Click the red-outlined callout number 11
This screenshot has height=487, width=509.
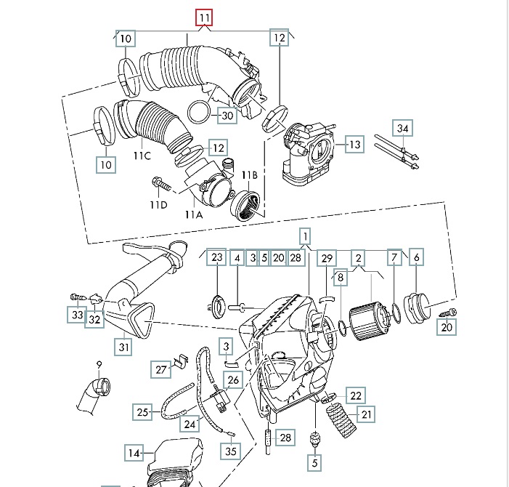pyautogui.click(x=205, y=17)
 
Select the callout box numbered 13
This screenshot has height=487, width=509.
pyautogui.click(x=354, y=144)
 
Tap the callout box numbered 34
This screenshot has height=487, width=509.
pyautogui.click(x=403, y=128)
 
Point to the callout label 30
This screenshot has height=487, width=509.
pyautogui.click(x=227, y=116)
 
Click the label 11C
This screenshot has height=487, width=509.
pyautogui.click(x=142, y=155)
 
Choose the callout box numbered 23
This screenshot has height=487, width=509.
pyautogui.click(x=218, y=257)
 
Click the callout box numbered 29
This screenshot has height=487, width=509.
pyautogui.click(x=327, y=258)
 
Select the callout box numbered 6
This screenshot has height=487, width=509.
pyautogui.click(x=416, y=257)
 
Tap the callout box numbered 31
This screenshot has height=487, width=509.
pyautogui.click(x=124, y=347)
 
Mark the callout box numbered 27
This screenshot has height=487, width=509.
pyautogui.click(x=160, y=369)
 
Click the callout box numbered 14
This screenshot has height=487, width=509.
pyautogui.click(x=134, y=453)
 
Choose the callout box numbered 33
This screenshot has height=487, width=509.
pyautogui.click(x=77, y=315)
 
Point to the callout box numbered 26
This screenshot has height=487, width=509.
pyautogui.click(x=232, y=380)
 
